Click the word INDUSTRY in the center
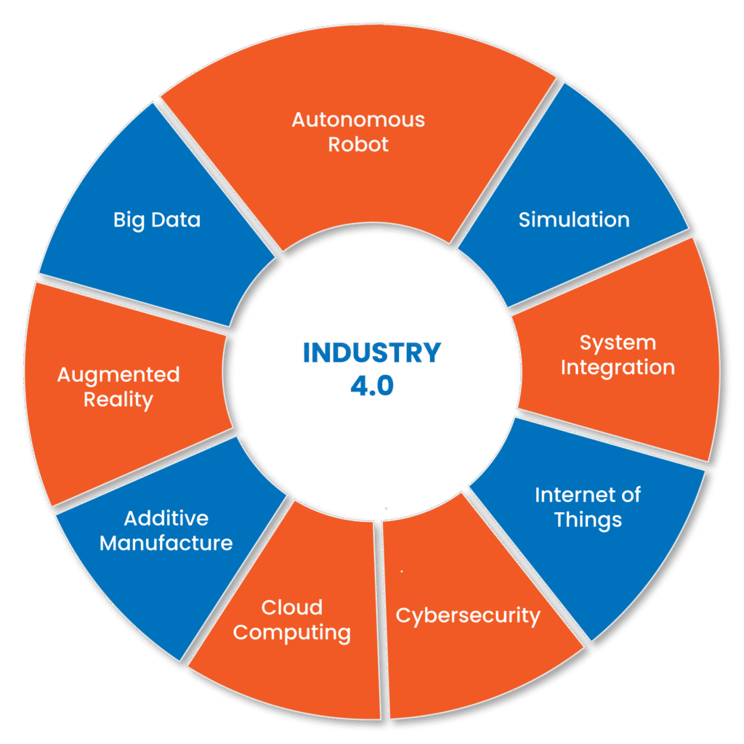tap(371, 353)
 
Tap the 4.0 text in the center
tap(372, 386)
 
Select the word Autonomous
tap(358, 119)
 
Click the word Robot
tap(358, 144)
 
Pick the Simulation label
tap(574, 219)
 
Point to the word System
tap(618, 342)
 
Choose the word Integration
tap(618, 368)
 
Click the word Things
tap(588, 520)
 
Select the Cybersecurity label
tap(468, 616)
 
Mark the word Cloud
tap(292, 607)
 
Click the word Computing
tap(292, 633)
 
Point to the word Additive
tap(166, 518)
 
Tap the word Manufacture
tap(166, 543)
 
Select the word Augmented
tap(118, 375)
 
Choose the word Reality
tap(118, 400)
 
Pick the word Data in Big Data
tap(177, 219)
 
